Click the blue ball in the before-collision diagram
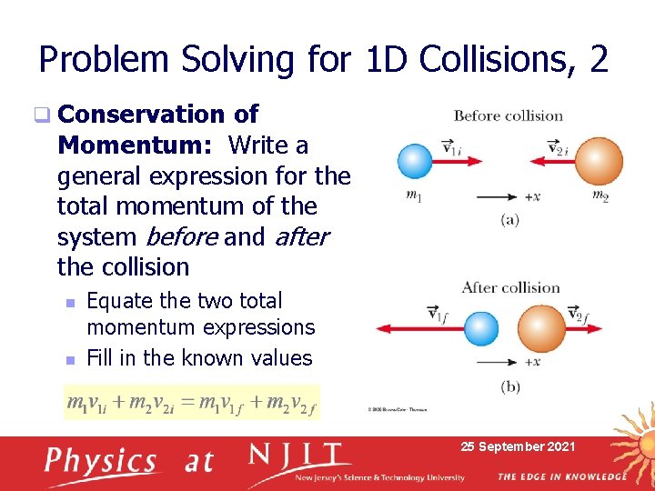click(x=414, y=162)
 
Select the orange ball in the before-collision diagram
click(x=599, y=162)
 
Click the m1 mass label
click(x=414, y=195)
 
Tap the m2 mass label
click(x=600, y=195)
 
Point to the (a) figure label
click(x=509, y=219)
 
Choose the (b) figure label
click(x=510, y=386)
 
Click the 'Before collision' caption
click(x=508, y=115)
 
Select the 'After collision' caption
click(x=510, y=287)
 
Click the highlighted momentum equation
click(x=192, y=401)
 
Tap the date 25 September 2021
click(x=518, y=446)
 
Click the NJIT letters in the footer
click(x=299, y=456)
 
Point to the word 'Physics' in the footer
click(x=101, y=461)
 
